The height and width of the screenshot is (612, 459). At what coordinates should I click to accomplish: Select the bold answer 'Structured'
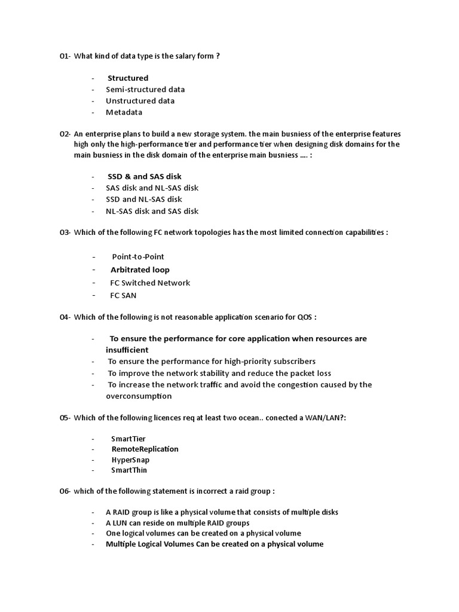pyautogui.click(x=128, y=78)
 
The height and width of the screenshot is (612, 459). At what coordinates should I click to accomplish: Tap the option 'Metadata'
pyautogui.click(x=124, y=112)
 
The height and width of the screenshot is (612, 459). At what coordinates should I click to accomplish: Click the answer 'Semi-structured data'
pyautogui.click(x=145, y=90)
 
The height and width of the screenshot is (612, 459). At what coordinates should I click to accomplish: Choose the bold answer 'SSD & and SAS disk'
pyautogui.click(x=144, y=177)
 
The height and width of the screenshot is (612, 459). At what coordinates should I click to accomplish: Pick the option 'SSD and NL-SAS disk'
pyautogui.click(x=143, y=200)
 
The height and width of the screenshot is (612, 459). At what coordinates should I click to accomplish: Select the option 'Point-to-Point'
pyautogui.click(x=137, y=257)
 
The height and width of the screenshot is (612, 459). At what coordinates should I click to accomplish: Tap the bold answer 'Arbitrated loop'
pyautogui.click(x=140, y=270)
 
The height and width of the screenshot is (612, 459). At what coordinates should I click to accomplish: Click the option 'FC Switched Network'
pyautogui.click(x=150, y=283)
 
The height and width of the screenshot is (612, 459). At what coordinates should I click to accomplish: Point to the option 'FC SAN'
pyautogui.click(x=123, y=295)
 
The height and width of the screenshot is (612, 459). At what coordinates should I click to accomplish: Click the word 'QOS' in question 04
pyautogui.click(x=304, y=317)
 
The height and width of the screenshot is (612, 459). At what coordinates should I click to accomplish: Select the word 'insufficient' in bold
pyautogui.click(x=127, y=350)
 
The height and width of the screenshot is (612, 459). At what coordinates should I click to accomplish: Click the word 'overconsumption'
pyautogui.click(x=139, y=396)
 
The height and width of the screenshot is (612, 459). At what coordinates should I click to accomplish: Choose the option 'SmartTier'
pyautogui.click(x=128, y=439)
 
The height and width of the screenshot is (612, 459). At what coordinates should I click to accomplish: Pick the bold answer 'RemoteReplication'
pyautogui.click(x=145, y=449)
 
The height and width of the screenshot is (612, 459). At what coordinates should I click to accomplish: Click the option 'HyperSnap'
pyautogui.click(x=130, y=460)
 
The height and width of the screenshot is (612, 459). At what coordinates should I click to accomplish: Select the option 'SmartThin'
pyautogui.click(x=129, y=470)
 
